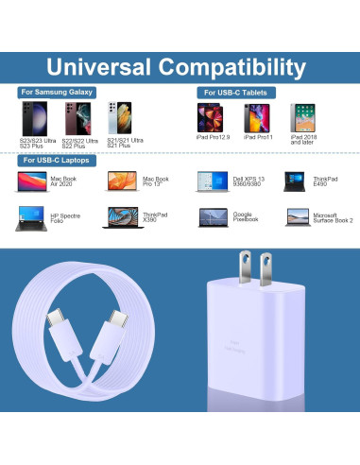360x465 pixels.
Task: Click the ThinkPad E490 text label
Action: point(324,181)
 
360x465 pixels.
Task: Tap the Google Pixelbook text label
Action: point(245,217)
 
